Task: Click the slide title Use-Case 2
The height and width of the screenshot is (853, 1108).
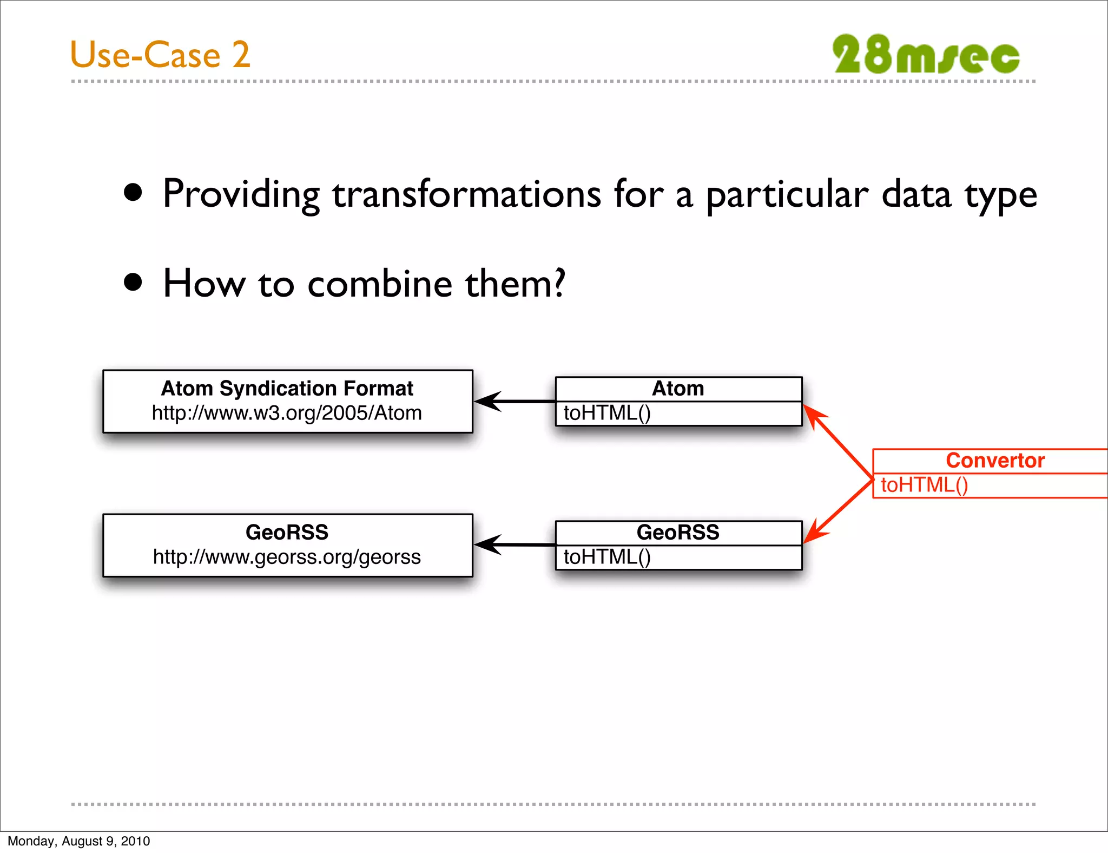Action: click(x=160, y=55)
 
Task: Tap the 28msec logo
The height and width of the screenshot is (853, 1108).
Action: click(x=926, y=55)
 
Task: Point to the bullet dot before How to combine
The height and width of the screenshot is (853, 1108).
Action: click(x=133, y=282)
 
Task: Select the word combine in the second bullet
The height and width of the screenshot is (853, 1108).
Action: click(x=379, y=284)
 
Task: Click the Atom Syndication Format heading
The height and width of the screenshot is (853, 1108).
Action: click(x=287, y=389)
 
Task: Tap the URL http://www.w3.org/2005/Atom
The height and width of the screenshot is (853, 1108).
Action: click(x=287, y=413)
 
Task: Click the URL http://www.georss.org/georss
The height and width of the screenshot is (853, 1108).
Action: click(x=287, y=557)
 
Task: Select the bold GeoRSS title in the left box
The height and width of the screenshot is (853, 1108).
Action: click(x=287, y=533)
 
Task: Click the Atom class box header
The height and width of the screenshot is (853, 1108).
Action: click(x=678, y=389)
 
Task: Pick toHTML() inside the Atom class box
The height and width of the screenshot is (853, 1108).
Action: click(x=607, y=414)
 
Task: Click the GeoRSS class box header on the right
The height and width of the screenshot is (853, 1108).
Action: click(x=678, y=533)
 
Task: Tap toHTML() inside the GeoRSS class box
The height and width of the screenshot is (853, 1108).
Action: click(x=607, y=557)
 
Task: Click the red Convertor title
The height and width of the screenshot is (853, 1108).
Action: click(x=994, y=461)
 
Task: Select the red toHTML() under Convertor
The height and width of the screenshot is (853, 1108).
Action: click(x=924, y=485)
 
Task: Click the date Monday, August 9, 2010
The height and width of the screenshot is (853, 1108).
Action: click(x=79, y=841)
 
